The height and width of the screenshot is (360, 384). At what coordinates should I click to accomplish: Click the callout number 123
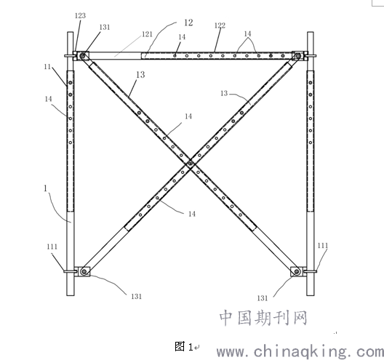tap(80, 16)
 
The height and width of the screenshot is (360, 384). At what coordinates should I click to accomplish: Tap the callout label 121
tap(147, 34)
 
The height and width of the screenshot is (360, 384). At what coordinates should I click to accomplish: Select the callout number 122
tap(220, 25)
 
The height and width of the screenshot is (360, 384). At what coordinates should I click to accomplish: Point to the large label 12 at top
tap(188, 23)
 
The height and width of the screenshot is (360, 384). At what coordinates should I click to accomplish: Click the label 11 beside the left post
tap(47, 67)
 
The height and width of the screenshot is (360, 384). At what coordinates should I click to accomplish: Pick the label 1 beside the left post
tap(45, 188)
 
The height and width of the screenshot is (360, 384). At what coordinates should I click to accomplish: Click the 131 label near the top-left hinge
tap(105, 27)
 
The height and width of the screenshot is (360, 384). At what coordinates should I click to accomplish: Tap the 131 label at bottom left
tap(137, 296)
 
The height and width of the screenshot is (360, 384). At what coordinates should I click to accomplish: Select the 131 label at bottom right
tap(263, 298)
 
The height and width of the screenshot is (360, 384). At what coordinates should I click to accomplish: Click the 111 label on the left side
tap(52, 247)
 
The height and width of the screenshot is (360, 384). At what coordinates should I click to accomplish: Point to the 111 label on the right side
tap(322, 245)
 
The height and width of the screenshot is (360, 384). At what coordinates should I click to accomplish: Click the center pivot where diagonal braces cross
tap(191, 162)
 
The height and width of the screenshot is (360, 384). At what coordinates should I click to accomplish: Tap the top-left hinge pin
tap(83, 56)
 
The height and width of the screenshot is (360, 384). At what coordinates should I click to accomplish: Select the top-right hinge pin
tap(298, 56)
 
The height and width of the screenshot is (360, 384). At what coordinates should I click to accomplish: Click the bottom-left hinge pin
tap(84, 271)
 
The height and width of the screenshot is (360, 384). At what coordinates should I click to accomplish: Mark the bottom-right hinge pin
tap(297, 271)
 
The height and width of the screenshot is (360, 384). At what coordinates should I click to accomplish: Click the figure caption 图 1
tap(184, 346)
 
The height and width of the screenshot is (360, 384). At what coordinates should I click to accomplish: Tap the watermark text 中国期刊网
tap(263, 318)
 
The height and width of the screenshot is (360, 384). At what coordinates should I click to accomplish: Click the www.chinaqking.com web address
tap(300, 351)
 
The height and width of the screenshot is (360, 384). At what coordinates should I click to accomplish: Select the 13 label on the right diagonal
tap(224, 93)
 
